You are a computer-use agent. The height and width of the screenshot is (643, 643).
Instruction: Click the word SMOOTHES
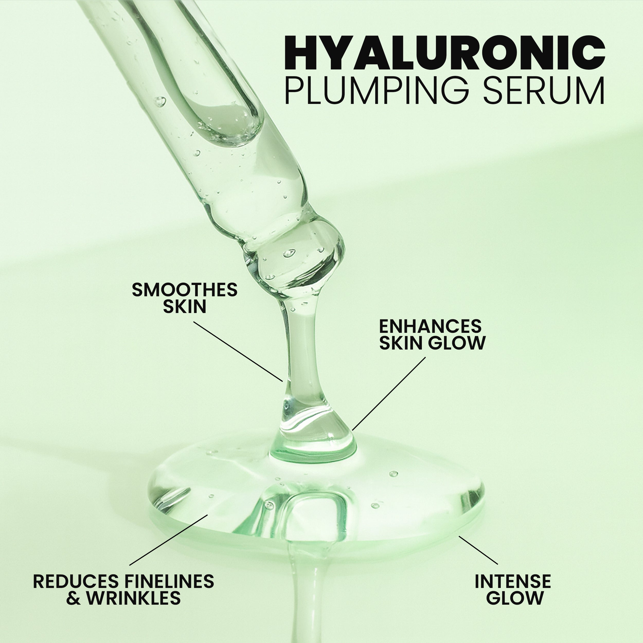click(x=184, y=290)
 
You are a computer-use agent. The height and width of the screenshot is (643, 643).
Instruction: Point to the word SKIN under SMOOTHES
click(x=184, y=307)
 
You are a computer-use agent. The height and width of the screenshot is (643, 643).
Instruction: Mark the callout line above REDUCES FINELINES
click(x=168, y=540)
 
